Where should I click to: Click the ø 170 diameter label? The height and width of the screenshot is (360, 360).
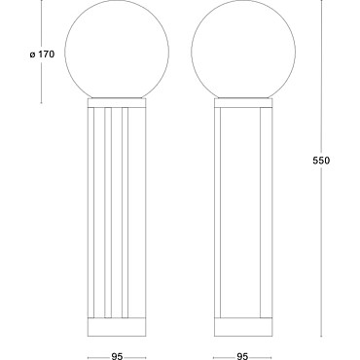coord(42,54)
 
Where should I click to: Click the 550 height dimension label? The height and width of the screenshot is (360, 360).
coord(321,161)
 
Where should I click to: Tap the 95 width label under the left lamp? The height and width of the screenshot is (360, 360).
coord(117,356)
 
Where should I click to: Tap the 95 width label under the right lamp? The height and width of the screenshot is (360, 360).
coord(242,356)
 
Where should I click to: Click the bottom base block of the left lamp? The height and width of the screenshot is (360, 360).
coord(117,327)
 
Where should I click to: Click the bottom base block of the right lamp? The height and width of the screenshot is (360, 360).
coord(243,327)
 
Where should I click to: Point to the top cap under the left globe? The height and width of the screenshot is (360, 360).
coord(117,103)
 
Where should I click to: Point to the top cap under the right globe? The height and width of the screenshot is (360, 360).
coord(243,103)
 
